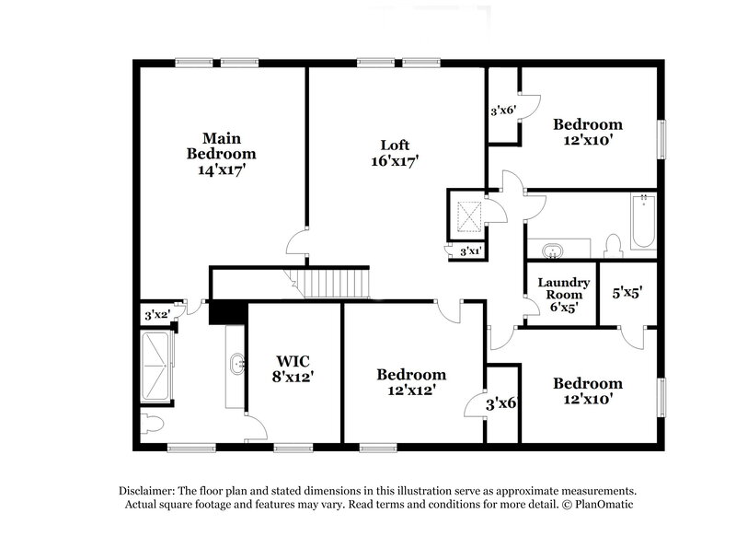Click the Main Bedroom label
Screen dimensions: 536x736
click(221, 154)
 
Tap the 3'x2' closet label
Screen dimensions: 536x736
click(159, 314)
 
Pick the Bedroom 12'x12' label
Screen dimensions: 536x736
click(411, 381)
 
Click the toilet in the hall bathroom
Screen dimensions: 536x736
click(614, 244)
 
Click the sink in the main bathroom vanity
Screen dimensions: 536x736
click(237, 365)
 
